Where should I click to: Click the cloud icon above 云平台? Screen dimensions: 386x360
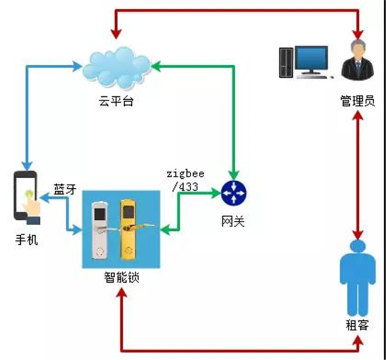click(x=116, y=68)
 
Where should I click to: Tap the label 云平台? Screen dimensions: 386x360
click(x=116, y=101)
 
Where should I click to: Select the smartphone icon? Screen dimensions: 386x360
click(x=27, y=198)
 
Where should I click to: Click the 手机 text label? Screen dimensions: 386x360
click(x=27, y=239)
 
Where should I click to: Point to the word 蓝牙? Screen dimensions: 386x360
click(x=65, y=190)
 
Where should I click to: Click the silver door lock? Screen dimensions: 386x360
click(x=100, y=230)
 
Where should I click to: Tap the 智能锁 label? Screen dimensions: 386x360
click(x=122, y=277)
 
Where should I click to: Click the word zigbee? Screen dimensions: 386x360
click(x=186, y=174)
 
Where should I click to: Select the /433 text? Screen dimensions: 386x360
click(x=185, y=187)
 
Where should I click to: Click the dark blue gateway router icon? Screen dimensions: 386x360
click(x=233, y=193)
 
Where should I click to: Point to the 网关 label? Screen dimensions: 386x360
click(x=233, y=221)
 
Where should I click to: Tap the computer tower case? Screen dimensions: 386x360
click(x=286, y=63)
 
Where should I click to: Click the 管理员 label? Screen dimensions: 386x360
click(x=357, y=101)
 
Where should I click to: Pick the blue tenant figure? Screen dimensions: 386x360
click(x=357, y=278)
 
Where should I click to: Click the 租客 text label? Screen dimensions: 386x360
click(x=357, y=326)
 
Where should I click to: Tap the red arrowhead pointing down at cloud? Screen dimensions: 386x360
click(x=116, y=34)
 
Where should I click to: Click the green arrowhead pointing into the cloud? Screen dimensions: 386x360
click(x=156, y=66)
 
